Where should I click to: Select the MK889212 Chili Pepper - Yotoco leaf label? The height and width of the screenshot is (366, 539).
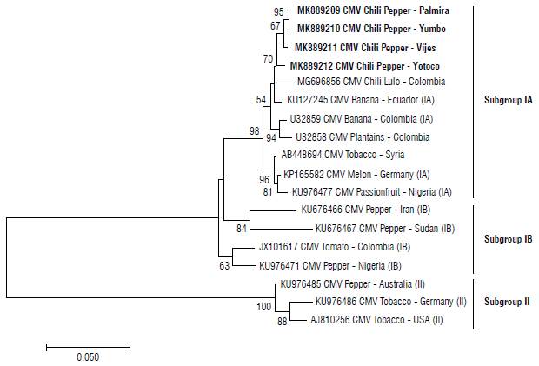pyautogui.click(x=360, y=65)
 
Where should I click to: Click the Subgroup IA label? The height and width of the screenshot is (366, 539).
pyautogui.click(x=509, y=100)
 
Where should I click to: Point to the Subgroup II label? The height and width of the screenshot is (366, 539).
pyautogui.click(x=507, y=302)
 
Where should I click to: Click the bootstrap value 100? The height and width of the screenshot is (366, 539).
pyautogui.click(x=264, y=307)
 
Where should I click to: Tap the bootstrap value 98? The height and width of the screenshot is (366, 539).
pyautogui.click(x=254, y=130)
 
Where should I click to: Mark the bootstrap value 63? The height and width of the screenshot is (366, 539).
pyautogui.click(x=225, y=266)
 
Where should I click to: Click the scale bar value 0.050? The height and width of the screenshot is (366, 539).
pyautogui.click(x=87, y=356)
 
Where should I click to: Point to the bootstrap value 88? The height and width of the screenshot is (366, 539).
pyautogui.click(x=282, y=323)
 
